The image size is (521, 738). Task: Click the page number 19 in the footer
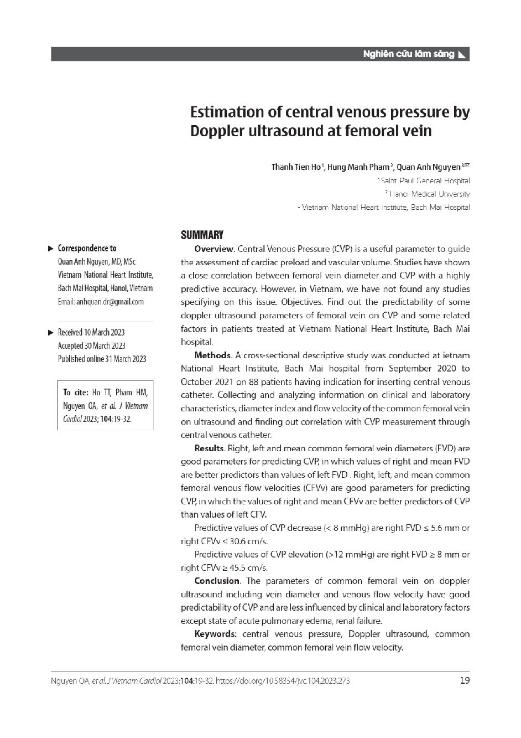[465, 680]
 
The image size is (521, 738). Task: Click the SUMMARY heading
[202, 235]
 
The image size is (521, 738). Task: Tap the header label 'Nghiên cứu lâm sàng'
[409, 54]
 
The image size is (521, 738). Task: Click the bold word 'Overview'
[214, 249]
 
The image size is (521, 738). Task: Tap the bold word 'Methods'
[212, 355]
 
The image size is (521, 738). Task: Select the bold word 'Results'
[209, 448]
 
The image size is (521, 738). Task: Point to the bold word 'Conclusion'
[217, 581]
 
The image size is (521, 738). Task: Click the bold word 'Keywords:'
[215, 634]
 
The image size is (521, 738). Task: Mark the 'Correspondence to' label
[87, 249]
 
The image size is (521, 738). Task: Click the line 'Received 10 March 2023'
[91, 332]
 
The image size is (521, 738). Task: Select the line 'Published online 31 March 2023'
[102, 359]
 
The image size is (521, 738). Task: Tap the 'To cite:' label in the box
[76, 393]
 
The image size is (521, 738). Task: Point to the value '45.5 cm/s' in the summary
[251, 568]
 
